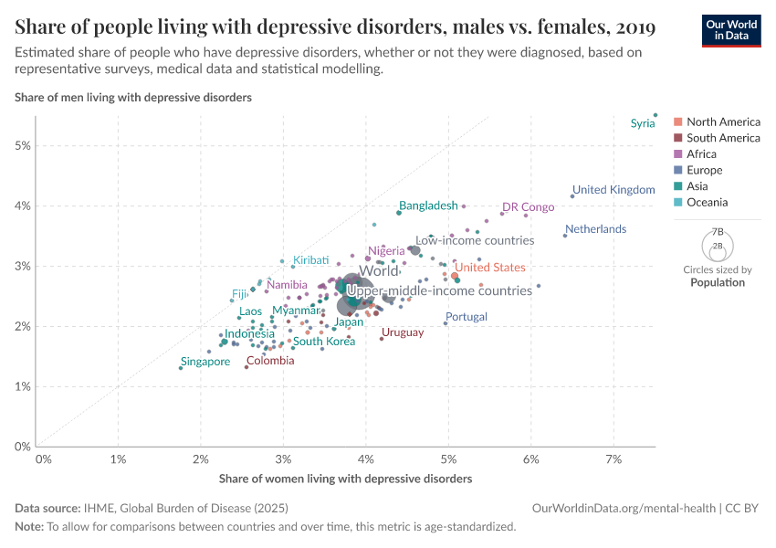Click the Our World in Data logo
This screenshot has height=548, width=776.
pyautogui.click(x=730, y=30)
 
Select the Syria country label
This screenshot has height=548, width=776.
pyautogui.click(x=643, y=123)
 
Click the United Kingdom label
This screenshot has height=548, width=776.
pyautogui.click(x=613, y=190)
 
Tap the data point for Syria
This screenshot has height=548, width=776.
pyautogui.click(x=655, y=115)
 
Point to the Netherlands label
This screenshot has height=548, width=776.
pyautogui.click(x=595, y=229)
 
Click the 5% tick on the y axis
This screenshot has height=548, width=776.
pyautogui.click(x=23, y=146)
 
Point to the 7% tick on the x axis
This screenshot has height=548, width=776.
pyautogui.click(x=613, y=458)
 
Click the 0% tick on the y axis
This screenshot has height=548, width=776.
pyautogui.click(x=23, y=447)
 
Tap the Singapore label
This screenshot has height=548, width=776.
pyautogui.click(x=204, y=362)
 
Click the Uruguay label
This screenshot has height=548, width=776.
pyautogui.click(x=403, y=332)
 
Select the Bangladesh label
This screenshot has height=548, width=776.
pyautogui.click(x=428, y=206)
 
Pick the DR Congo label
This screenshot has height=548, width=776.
pyautogui.click(x=528, y=207)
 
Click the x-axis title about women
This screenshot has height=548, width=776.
pyautogui.click(x=345, y=479)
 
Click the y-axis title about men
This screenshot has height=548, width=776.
pyautogui.click(x=133, y=96)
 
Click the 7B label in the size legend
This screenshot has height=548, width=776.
pyautogui.click(x=718, y=232)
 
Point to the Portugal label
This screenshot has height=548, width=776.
pyautogui.click(x=466, y=317)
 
